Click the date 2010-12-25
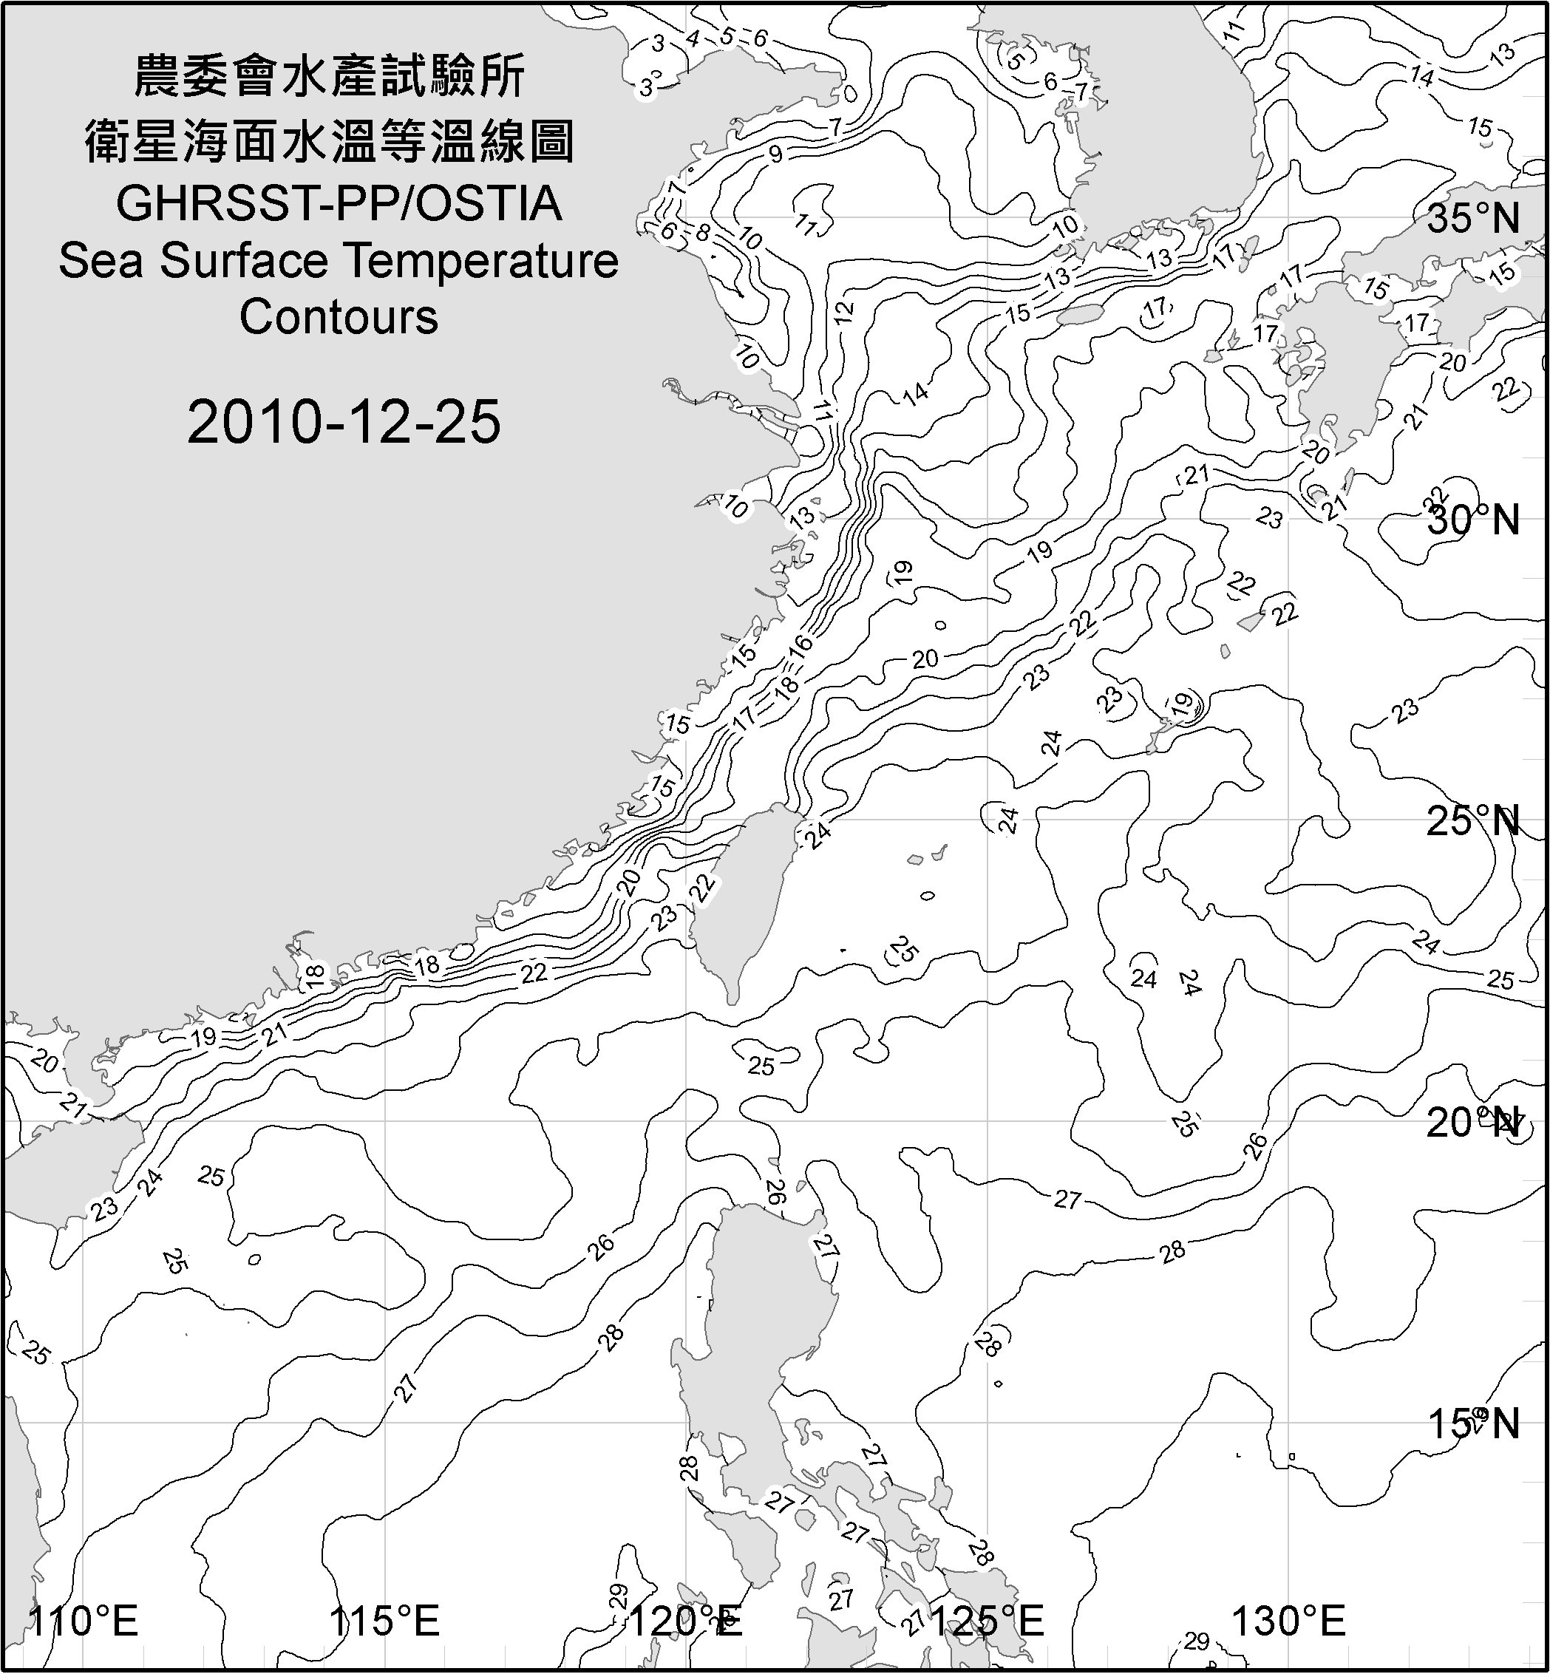[344, 421]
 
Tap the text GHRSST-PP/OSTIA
[339, 204]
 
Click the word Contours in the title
[339, 317]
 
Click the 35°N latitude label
[1474, 218]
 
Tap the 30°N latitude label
[1474, 520]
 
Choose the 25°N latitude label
[1474, 821]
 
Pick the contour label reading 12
[844, 311]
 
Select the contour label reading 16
[801, 645]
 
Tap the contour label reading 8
[702, 232]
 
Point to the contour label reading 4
[693, 38]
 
